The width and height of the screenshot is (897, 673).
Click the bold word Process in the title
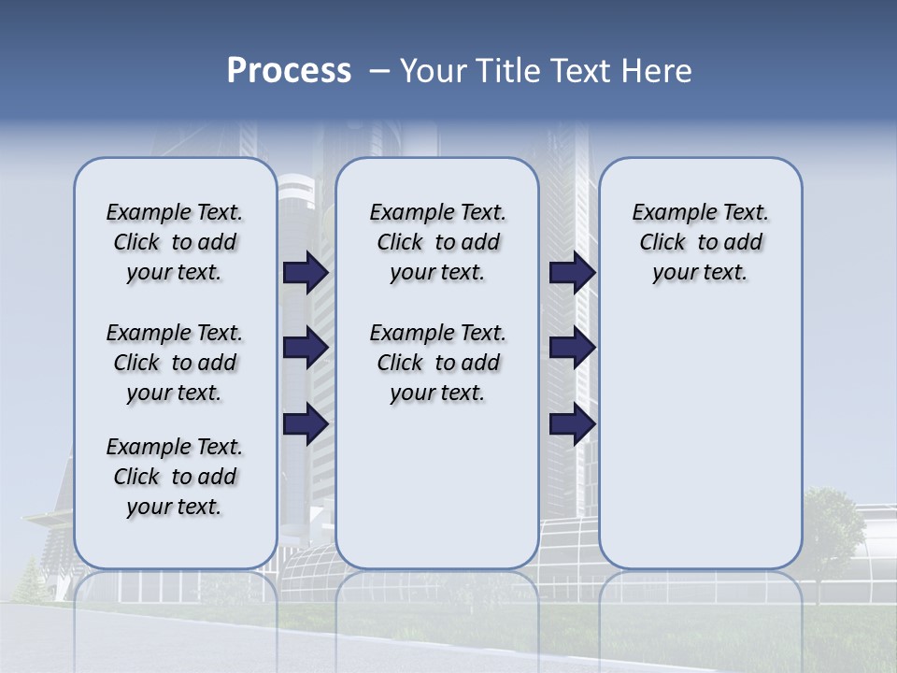pos(289,71)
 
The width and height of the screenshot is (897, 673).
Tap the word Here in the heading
pos(658,71)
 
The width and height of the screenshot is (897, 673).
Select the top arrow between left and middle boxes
pos(306,272)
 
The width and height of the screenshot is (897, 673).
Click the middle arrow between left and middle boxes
pos(306,348)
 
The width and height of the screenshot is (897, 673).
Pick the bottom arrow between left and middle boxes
pos(306,424)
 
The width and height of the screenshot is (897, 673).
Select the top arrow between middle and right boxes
pos(572,272)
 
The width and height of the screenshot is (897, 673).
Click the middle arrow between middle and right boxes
pos(572,348)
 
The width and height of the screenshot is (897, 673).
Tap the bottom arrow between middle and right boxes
pos(572,424)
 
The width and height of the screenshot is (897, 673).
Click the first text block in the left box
pos(175,242)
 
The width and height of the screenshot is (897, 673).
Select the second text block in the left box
pos(175,363)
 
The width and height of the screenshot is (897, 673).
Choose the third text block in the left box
pos(175,477)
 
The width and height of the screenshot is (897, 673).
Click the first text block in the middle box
pos(437,242)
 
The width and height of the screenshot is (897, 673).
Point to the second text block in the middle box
pos(437,363)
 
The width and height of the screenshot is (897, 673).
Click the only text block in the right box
pos(701,242)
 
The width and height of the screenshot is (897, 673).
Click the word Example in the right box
pos(667,213)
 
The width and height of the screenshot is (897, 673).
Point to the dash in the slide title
pos(379,71)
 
